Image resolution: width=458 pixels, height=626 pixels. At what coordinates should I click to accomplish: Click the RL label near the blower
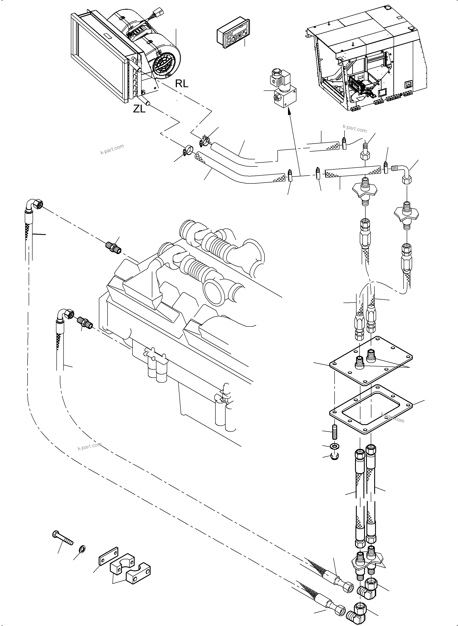182,83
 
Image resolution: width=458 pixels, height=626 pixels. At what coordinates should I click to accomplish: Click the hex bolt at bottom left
62,538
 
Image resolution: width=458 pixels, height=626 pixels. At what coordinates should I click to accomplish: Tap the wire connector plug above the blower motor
159,13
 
